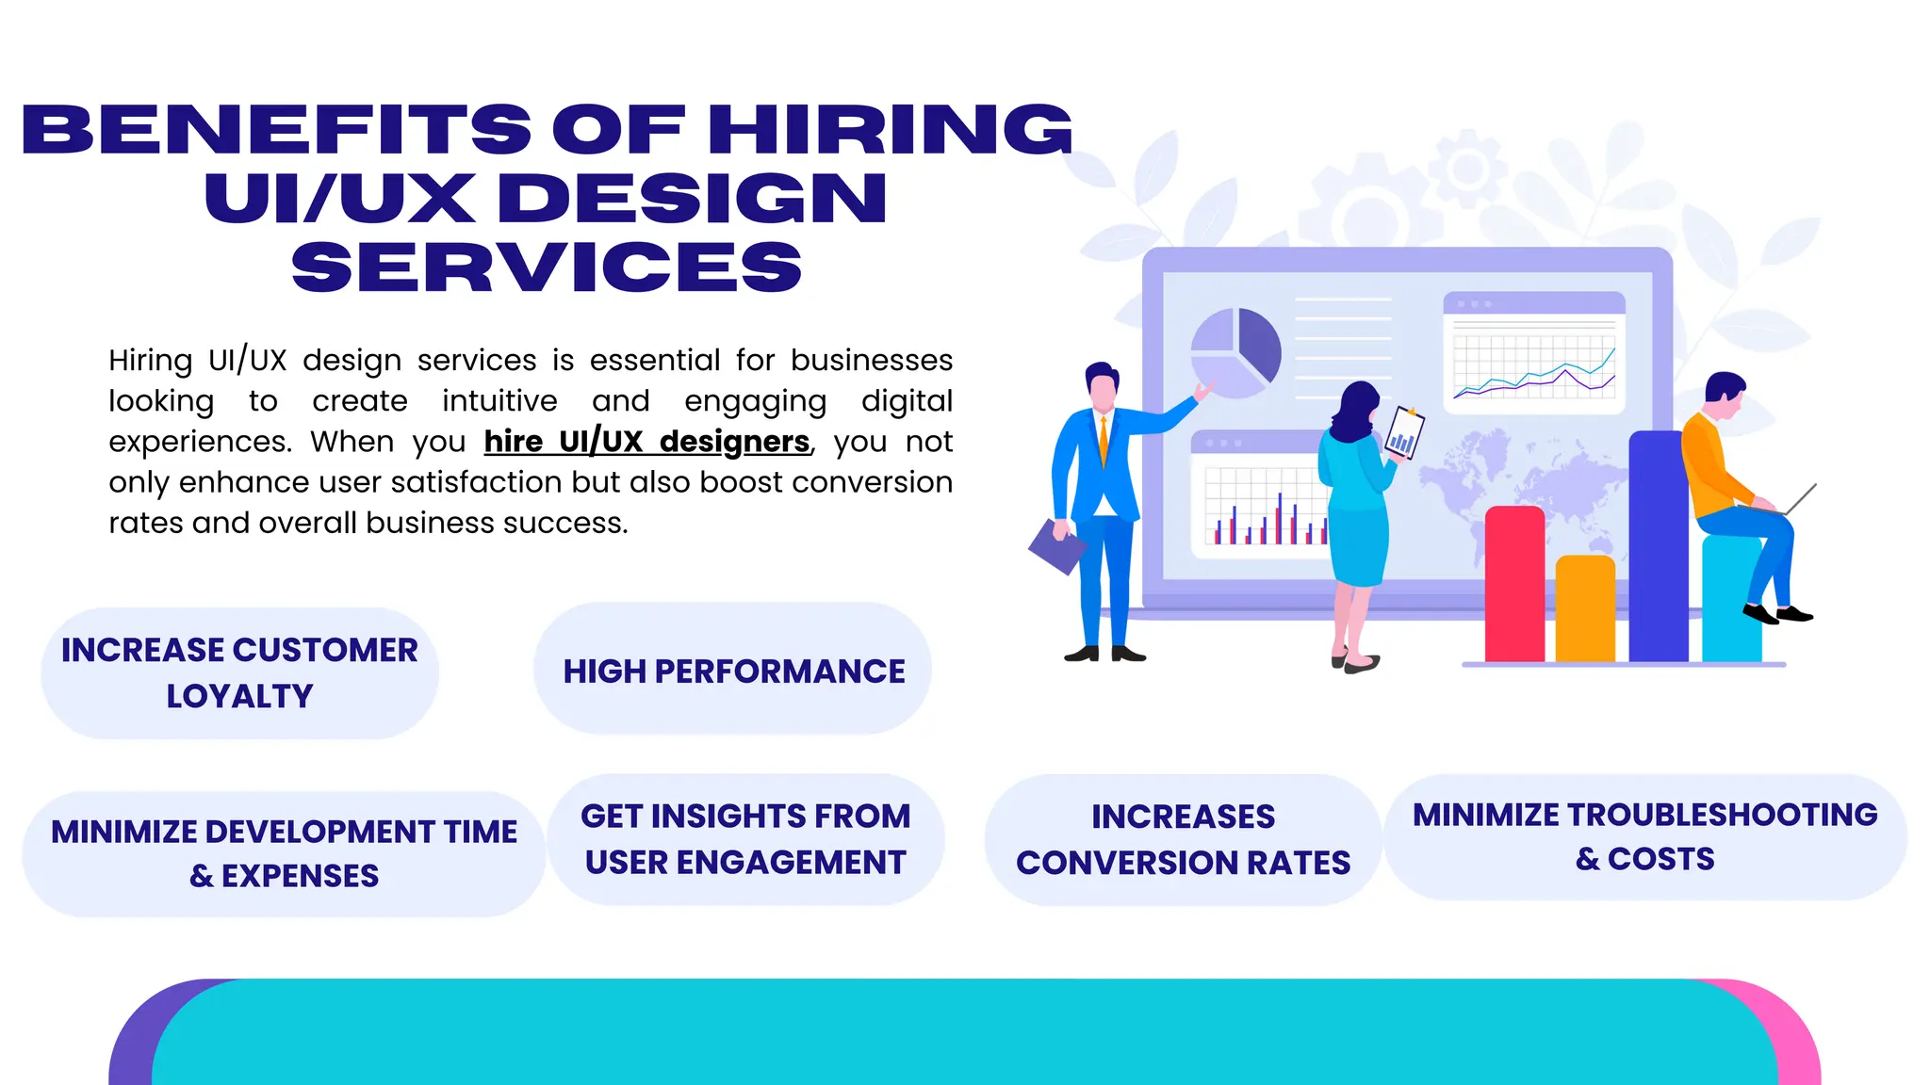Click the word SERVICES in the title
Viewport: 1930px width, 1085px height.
547,267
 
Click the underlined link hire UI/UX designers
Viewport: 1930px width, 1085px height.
646,442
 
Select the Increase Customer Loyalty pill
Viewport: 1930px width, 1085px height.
239,672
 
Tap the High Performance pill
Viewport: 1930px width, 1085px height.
733,671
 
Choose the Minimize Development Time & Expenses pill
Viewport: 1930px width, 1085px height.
284,853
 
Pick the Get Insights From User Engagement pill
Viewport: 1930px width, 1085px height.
745,839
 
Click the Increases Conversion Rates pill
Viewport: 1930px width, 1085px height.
1183,839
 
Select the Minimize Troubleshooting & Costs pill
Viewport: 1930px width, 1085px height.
1644,836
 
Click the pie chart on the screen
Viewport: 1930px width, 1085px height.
1235,352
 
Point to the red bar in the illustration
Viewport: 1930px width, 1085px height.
1514,584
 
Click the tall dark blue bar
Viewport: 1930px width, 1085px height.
1657,546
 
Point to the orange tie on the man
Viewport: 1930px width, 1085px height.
1104,441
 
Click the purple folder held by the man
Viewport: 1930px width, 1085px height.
1056,546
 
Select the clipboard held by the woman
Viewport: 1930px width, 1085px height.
1403,434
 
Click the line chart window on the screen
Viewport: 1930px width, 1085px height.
1534,353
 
